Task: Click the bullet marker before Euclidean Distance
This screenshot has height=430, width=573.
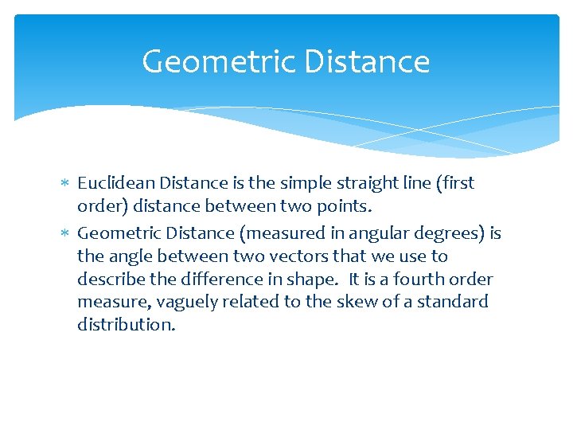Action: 66,184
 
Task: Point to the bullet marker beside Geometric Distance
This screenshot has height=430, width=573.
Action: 66,234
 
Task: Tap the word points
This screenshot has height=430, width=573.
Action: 345,205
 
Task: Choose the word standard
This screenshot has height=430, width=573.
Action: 456,302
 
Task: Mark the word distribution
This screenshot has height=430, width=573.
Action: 126,324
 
